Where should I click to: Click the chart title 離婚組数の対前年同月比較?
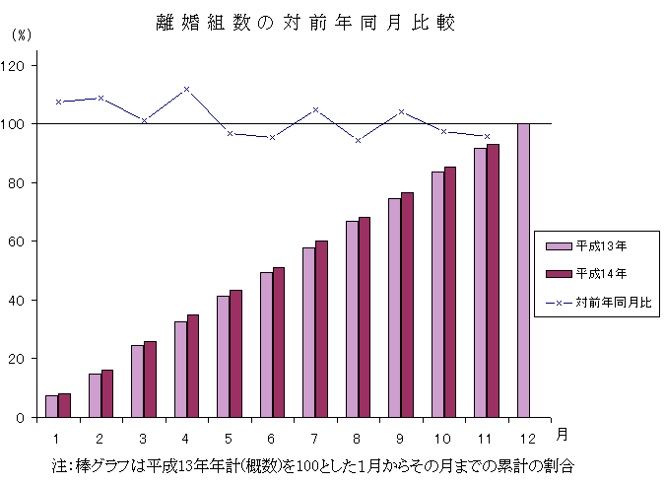tap(304, 23)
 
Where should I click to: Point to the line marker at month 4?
tap(186, 89)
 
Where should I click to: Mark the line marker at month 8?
tap(358, 140)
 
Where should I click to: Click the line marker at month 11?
tap(487, 136)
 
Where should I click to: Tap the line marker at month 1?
tap(58, 102)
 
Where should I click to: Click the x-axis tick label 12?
tap(529, 436)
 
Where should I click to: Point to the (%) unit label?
tap(21, 35)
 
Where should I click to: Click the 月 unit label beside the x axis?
tap(560, 434)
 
